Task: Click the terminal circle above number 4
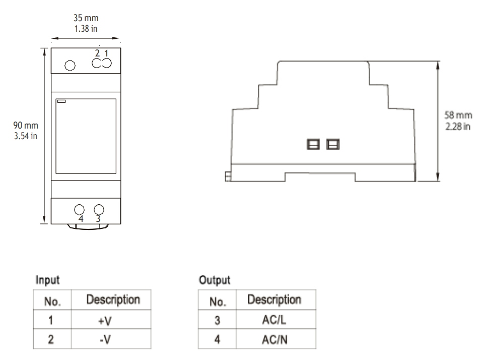tap(80, 209)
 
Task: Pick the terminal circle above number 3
tap(99, 209)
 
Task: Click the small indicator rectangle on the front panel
tap(61, 101)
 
